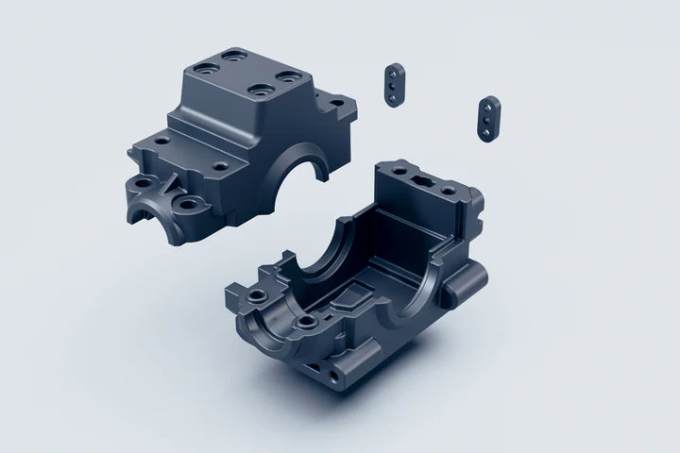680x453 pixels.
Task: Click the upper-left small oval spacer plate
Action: point(393,83)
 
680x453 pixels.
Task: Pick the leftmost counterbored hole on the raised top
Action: point(202,68)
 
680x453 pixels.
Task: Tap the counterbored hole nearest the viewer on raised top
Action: point(254,92)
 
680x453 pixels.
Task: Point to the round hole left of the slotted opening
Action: point(387,170)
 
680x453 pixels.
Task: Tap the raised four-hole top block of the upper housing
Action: point(246,83)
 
